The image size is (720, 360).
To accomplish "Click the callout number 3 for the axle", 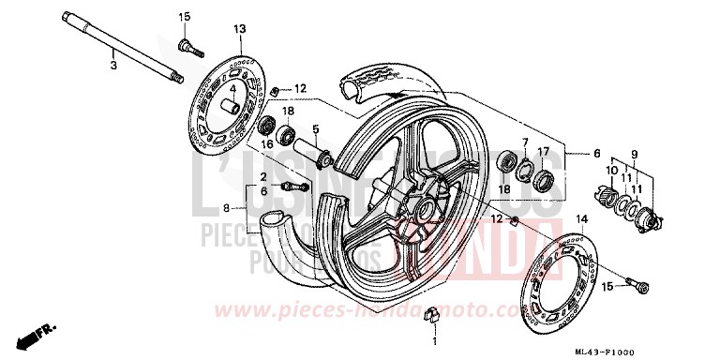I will coord(112,66).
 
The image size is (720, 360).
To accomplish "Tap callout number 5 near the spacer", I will coord(316,128).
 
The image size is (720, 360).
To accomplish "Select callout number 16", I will coord(267,144).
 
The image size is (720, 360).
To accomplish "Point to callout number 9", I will coord(632,153).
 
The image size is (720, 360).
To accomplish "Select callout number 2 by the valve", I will coord(264,176).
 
